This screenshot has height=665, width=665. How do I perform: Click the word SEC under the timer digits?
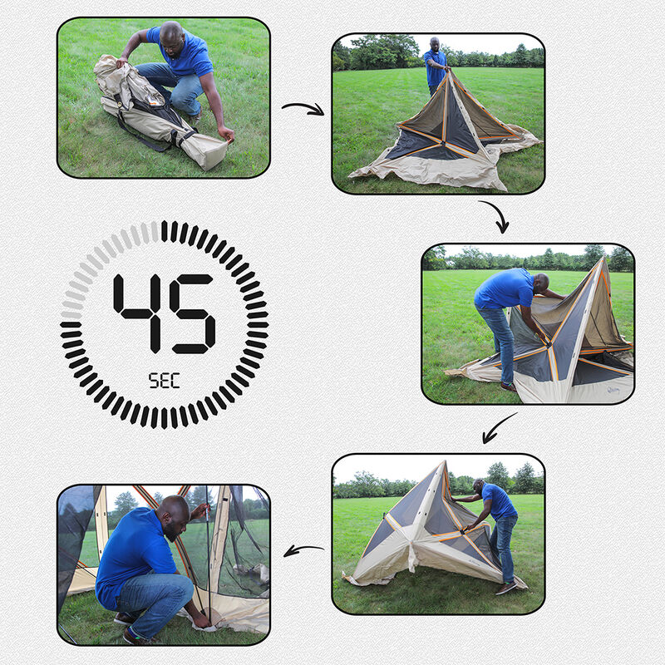[x=164, y=382]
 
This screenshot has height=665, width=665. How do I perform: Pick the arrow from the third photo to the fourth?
[x=500, y=428]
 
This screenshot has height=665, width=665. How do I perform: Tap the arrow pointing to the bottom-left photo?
[x=303, y=549]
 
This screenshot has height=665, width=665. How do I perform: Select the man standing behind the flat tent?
[x=435, y=63]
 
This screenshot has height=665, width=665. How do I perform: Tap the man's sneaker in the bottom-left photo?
[x=126, y=618]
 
